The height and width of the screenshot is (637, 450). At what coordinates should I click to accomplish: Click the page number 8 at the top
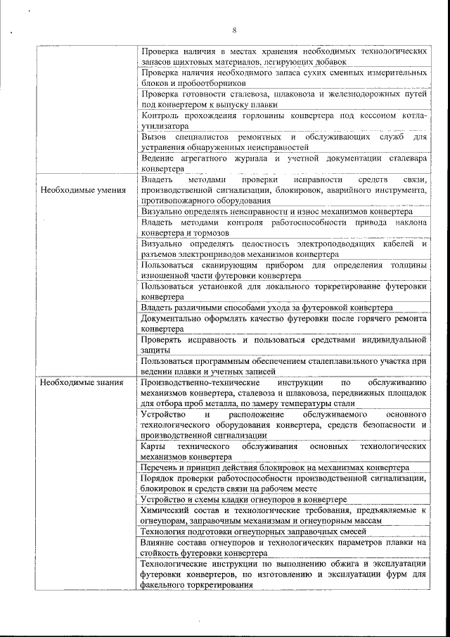233,30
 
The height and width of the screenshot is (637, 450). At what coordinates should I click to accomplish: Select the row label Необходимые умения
77,190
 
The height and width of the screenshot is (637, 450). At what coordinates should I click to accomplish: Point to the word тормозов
209,233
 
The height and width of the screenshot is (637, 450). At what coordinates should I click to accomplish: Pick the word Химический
167,510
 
